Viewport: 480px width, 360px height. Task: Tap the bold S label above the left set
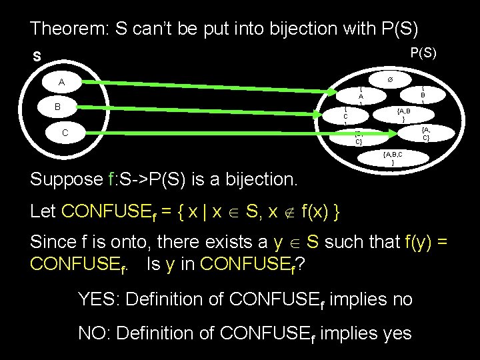click(x=37, y=57)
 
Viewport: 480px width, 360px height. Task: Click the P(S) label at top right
click(x=423, y=53)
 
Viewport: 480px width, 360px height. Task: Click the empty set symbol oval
click(x=390, y=79)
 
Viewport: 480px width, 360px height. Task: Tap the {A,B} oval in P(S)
click(x=403, y=114)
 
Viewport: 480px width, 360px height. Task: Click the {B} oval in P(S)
click(x=423, y=95)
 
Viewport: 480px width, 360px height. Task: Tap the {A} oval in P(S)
click(x=361, y=95)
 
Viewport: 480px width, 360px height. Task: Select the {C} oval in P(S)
click(x=345, y=115)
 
